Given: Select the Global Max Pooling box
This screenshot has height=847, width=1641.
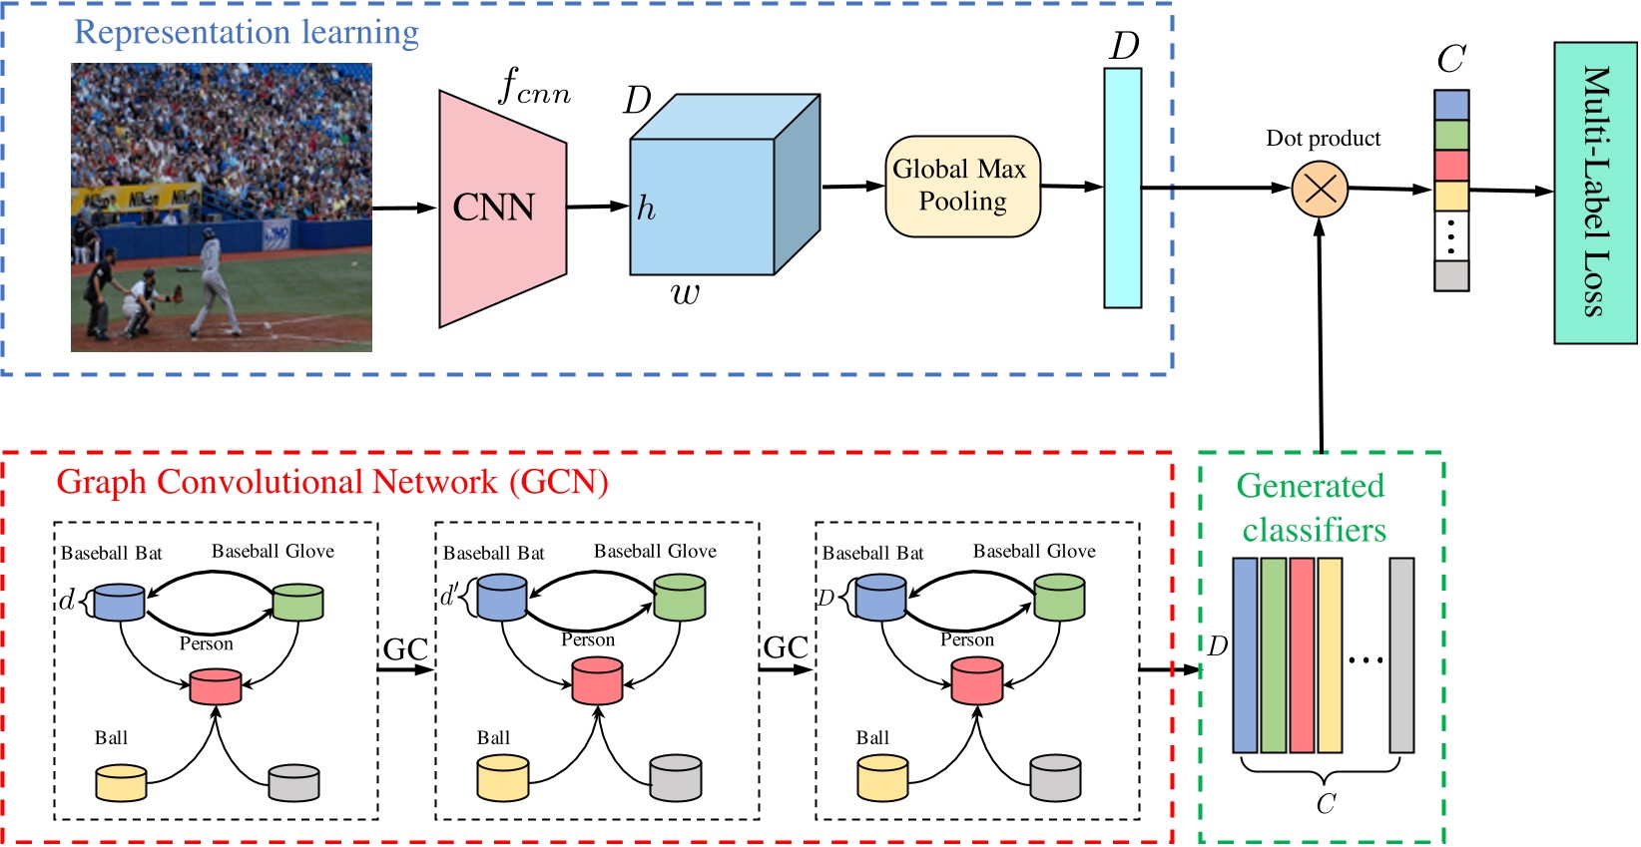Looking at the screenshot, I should click(x=962, y=187).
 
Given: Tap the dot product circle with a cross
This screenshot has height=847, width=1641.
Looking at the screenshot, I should click(x=1320, y=189).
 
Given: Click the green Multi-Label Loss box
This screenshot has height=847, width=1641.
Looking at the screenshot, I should click(x=1594, y=193).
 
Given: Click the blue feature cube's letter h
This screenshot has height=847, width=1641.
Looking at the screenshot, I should click(x=646, y=209).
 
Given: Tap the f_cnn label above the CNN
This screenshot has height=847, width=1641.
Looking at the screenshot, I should click(x=534, y=88).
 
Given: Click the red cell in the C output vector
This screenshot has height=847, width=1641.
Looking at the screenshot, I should click(x=1450, y=166).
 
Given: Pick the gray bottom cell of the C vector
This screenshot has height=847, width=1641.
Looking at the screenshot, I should click(x=1450, y=275).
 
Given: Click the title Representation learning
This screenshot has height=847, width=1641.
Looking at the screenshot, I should click(x=247, y=32).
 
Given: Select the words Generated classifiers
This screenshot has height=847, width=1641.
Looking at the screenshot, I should click(x=1312, y=508).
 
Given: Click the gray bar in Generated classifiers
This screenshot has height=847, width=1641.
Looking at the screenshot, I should click(x=1400, y=654).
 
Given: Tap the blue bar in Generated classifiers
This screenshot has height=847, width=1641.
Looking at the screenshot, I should click(x=1244, y=654).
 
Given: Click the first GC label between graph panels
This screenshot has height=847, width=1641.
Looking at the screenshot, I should click(x=405, y=649).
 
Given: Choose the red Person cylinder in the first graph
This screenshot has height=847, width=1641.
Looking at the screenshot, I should click(x=216, y=686).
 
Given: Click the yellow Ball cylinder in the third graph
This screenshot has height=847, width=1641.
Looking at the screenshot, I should click(x=882, y=778).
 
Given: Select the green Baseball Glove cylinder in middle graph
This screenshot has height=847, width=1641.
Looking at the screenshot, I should click(x=680, y=597).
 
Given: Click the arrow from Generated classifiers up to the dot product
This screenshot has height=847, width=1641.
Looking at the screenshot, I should click(x=1321, y=339).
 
